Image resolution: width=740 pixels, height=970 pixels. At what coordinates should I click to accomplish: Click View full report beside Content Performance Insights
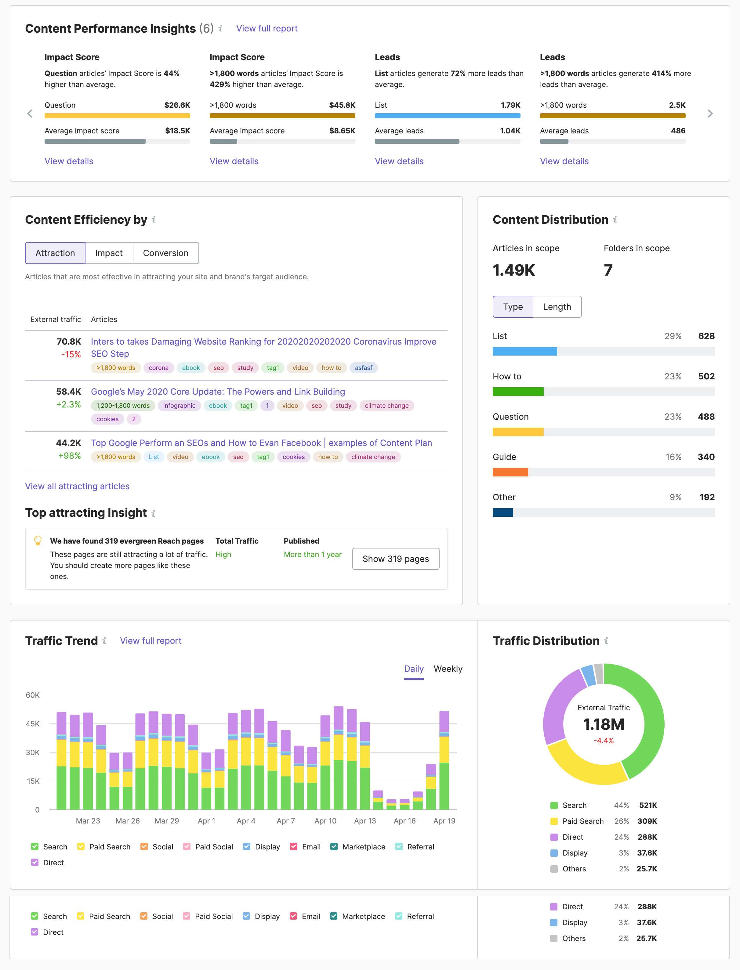coord(267,29)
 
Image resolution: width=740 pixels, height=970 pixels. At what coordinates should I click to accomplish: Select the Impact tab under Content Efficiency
coord(109,253)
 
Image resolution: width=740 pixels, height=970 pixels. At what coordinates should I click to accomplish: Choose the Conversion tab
coord(166,253)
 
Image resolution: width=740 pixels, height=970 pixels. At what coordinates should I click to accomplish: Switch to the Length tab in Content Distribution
coord(557,307)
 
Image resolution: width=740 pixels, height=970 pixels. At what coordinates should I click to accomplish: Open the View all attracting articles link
coord(77,486)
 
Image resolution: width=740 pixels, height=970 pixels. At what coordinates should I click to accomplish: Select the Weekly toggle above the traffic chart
coord(448,669)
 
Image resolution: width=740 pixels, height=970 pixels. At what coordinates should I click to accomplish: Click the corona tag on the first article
coord(158,368)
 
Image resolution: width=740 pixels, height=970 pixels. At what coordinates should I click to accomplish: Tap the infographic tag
coord(179,406)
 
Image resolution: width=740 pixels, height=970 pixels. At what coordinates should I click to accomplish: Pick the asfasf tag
coord(363,368)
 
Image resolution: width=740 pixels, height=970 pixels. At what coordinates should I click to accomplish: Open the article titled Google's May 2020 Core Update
coord(218,391)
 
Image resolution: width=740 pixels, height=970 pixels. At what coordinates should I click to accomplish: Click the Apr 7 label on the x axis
coord(285,821)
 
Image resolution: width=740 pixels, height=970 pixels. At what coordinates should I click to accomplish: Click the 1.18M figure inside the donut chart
coord(604,724)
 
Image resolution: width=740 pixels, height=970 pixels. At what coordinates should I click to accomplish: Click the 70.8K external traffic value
coord(69,342)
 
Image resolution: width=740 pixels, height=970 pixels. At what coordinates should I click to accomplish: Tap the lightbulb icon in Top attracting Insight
coord(38,540)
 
